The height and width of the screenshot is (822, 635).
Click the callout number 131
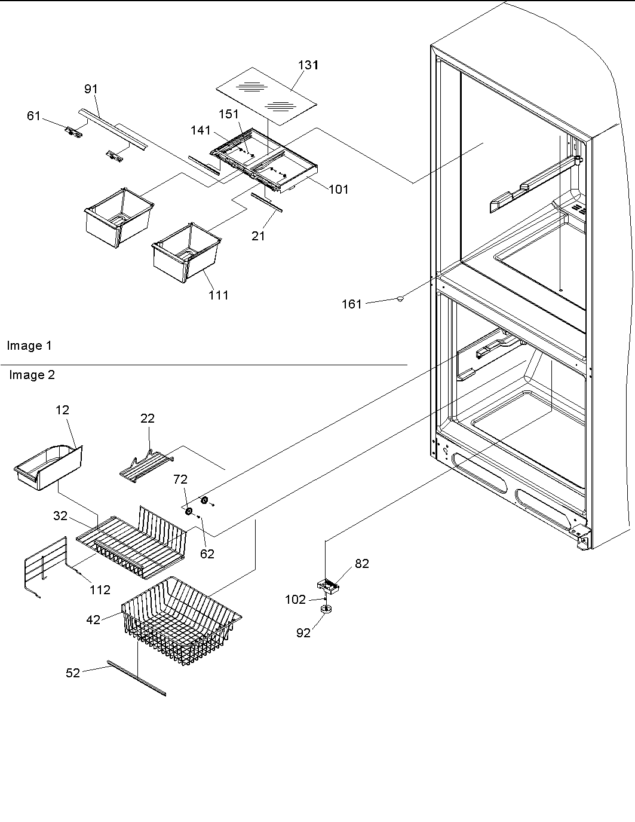click(308, 65)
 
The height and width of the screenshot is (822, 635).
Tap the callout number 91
click(91, 89)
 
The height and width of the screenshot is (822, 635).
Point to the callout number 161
click(351, 304)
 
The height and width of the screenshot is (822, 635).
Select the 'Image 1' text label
click(29, 346)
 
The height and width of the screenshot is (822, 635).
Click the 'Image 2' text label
click(32, 375)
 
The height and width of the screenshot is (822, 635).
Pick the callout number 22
click(148, 418)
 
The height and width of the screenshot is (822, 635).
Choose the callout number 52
click(73, 673)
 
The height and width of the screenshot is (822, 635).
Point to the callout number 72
click(180, 479)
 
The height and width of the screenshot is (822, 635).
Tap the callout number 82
click(362, 563)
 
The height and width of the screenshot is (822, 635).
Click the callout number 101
click(338, 190)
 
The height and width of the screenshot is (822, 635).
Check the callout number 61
click(34, 115)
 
